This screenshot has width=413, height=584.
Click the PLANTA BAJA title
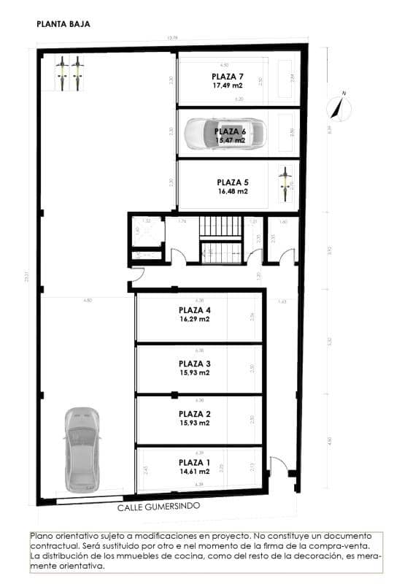[x=63, y=24]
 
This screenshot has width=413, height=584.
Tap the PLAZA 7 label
[x=228, y=77]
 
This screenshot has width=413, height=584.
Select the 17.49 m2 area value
[x=228, y=85]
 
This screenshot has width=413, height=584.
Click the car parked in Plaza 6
[x=225, y=134]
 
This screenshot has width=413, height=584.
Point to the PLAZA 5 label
[x=233, y=182]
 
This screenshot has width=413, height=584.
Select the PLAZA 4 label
[x=195, y=310]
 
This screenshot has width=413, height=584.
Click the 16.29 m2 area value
[x=195, y=319]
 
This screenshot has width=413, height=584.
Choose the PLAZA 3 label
[x=195, y=363]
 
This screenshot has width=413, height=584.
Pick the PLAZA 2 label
[x=195, y=414]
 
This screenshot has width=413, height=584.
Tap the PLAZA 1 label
[x=195, y=462]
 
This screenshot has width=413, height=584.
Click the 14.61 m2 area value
[x=195, y=472]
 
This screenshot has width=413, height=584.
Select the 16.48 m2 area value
[x=233, y=191]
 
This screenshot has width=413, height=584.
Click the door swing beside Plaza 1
[x=279, y=465]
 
